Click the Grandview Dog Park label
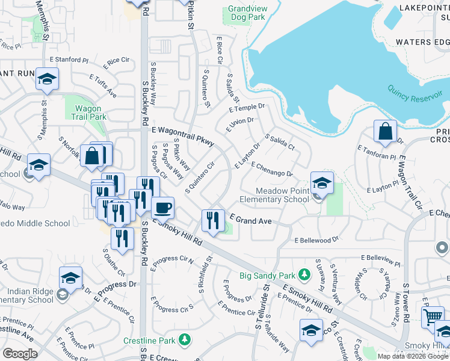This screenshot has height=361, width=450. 247,13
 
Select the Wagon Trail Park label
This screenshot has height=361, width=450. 90,113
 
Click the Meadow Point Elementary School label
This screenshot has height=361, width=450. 274,195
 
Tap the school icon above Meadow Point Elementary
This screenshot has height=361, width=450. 322,182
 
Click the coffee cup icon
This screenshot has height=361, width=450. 162,208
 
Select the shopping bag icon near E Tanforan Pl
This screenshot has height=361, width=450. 384,131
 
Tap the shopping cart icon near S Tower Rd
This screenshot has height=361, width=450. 434,317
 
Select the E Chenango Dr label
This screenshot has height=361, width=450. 272,169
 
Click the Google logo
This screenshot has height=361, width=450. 20,354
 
